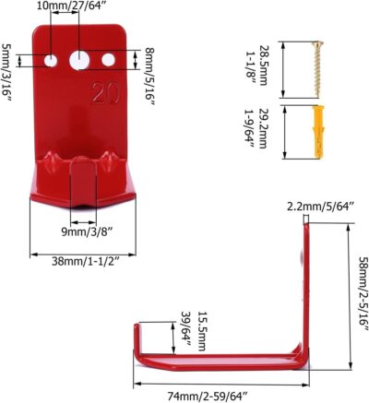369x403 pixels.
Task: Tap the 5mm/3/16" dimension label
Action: click(x=8, y=62)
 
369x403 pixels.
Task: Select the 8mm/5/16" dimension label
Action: click(x=150, y=63)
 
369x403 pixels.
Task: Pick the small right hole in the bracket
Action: click(x=109, y=60)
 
